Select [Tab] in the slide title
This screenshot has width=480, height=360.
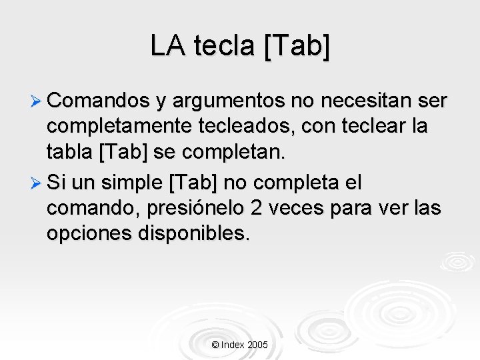click(x=297, y=45)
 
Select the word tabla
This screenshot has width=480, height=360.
click(x=69, y=153)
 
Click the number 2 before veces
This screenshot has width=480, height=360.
click(x=255, y=208)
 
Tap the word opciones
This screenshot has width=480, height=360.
click(x=85, y=234)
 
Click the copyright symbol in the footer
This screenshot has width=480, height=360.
click(x=215, y=345)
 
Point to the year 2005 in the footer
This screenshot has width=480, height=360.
click(x=257, y=345)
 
